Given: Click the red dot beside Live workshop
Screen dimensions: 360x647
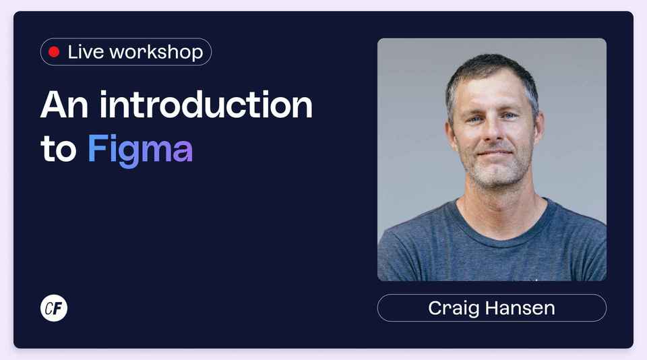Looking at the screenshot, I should [54, 52].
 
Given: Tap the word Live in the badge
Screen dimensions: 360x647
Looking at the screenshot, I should [85, 52].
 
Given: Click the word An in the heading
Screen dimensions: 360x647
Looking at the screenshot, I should [65, 105].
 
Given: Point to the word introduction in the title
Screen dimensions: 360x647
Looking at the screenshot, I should [206, 105].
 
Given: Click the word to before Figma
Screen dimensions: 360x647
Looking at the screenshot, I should [59, 150].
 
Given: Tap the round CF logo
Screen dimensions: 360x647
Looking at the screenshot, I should [54, 308].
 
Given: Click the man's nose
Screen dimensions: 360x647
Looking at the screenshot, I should [491, 132].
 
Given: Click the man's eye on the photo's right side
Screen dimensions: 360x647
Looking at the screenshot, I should [510, 116].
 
